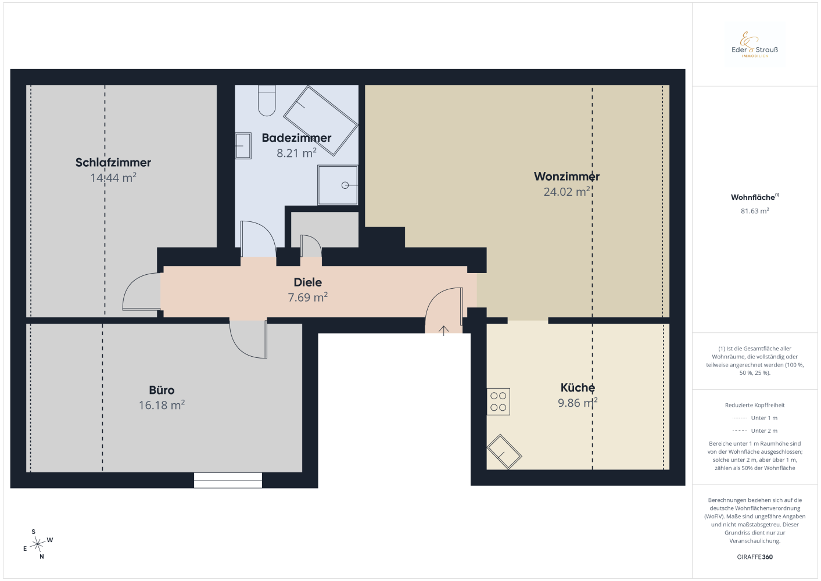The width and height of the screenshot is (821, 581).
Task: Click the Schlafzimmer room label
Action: tap(113, 162)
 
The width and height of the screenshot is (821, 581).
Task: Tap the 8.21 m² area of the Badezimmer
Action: tap(296, 153)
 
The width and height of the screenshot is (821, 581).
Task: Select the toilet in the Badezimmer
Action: tap(267, 101)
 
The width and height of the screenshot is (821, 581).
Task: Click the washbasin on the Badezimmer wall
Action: tap(243, 145)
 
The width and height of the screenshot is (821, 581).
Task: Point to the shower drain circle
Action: tap(345, 185)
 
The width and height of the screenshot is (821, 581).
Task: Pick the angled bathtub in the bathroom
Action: tap(320, 121)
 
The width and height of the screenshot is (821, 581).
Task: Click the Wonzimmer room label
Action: tap(567, 176)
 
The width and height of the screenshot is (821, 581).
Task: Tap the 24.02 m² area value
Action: tap(567, 191)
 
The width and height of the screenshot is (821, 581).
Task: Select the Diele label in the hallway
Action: tap(307, 282)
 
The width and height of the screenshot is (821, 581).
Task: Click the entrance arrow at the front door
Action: tap(443, 330)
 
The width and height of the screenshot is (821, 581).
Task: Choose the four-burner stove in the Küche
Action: tap(498, 401)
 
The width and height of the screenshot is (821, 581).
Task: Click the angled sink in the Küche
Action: tap(504, 452)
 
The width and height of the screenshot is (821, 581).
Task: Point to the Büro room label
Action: tap(162, 390)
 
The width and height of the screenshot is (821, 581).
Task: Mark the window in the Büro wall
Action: tap(228, 480)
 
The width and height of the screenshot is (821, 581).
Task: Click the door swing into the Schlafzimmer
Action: tap(141, 292)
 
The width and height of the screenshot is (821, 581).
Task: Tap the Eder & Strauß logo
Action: tap(754, 45)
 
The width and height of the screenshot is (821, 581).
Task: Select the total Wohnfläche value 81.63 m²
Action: tap(755, 211)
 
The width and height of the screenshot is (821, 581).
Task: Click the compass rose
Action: tap(37, 544)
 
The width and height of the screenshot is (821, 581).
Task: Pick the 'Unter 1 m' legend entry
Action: tap(755, 418)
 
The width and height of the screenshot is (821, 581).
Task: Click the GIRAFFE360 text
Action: tap(755, 557)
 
